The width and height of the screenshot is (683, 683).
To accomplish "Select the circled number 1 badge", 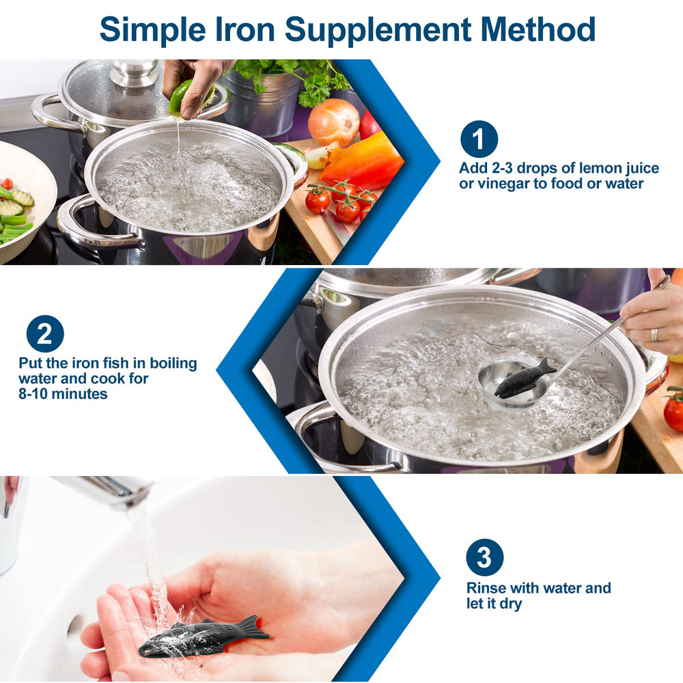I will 479,139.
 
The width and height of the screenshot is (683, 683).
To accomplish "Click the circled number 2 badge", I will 45,334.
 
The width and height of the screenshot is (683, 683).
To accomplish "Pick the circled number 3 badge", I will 484,557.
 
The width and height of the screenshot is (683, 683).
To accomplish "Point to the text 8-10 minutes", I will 63,393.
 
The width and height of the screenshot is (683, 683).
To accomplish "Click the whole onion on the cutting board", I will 333,122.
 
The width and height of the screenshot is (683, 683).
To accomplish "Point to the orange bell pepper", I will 362,162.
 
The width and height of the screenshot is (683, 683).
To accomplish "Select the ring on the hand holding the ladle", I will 654,334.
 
